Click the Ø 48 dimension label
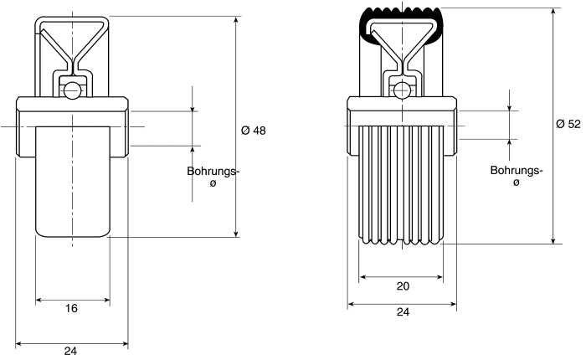(x=254, y=131)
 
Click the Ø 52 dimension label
(x=568, y=124)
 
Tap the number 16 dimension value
(x=71, y=308)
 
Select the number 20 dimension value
(x=403, y=286)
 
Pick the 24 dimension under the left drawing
(x=70, y=351)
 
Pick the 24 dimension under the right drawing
(x=403, y=311)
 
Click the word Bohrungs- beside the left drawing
(x=213, y=172)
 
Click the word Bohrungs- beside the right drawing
(x=517, y=171)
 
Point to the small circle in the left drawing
(x=71, y=90)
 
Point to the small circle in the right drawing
(x=401, y=90)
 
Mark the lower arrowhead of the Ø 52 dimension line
(x=554, y=240)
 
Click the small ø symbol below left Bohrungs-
(x=213, y=183)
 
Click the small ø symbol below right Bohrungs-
(x=517, y=183)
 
